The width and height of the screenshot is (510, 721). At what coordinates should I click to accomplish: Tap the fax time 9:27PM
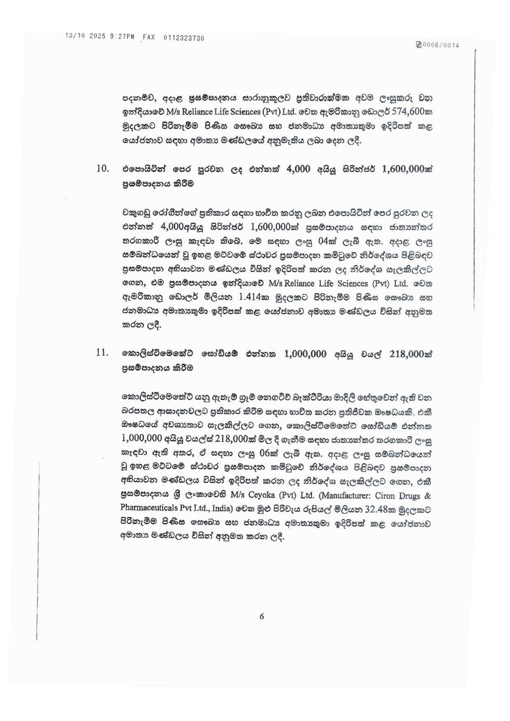(122, 37)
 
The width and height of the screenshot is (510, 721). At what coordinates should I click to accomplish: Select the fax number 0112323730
(183, 38)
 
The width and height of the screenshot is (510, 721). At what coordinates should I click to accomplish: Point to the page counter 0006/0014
(440, 45)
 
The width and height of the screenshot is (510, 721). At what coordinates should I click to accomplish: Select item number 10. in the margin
(102, 169)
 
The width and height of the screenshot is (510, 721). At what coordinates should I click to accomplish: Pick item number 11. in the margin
(102, 352)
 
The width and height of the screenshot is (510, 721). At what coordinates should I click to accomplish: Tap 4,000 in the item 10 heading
(298, 169)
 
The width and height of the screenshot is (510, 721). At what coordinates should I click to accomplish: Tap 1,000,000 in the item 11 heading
(305, 354)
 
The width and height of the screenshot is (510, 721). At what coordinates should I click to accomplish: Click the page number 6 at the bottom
(262, 616)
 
